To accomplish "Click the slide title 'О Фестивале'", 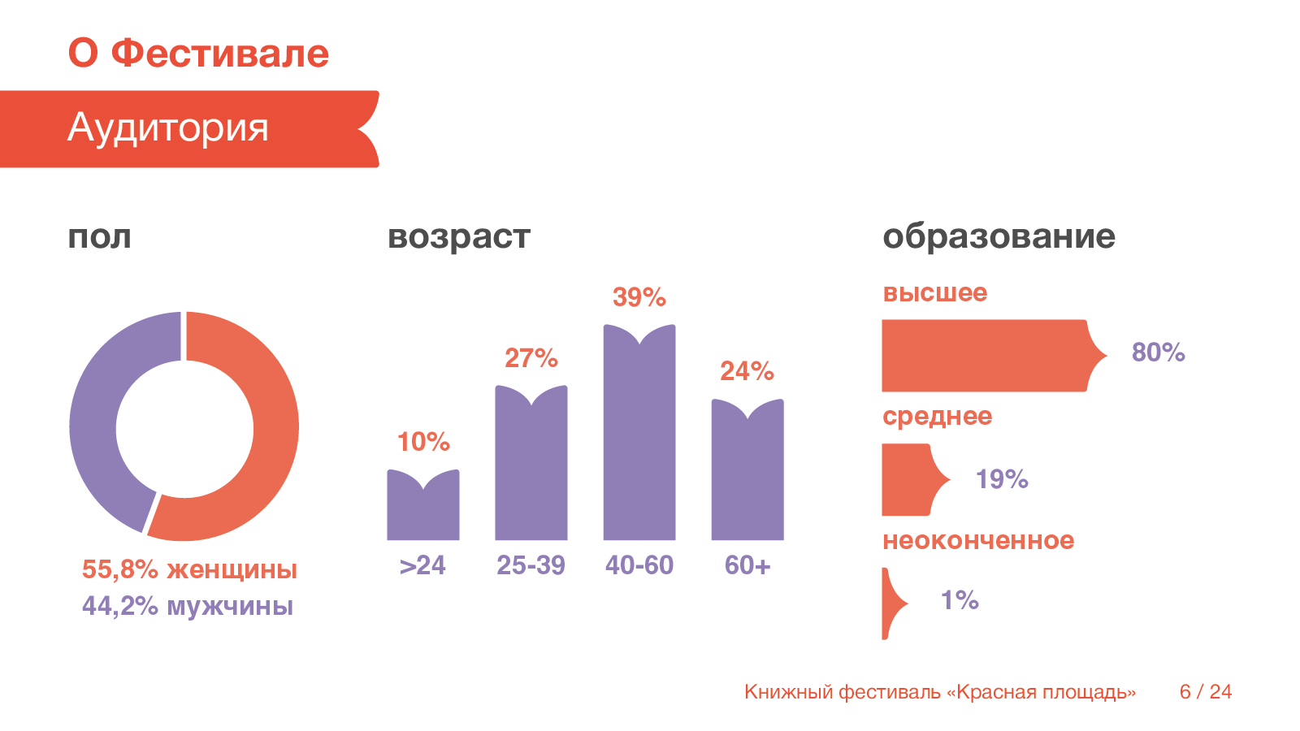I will [x=198, y=54].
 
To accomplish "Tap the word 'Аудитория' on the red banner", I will [x=168, y=128].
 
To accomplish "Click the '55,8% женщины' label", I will [x=189, y=569].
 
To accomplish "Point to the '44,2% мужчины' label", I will [x=188, y=606].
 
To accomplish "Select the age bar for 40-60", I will [x=639, y=439].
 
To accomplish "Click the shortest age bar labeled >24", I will [x=423, y=512].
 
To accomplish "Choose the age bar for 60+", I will [x=747, y=475].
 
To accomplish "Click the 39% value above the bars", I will [x=639, y=297].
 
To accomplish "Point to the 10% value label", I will [x=423, y=442].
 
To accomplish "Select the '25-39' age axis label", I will [x=531, y=565].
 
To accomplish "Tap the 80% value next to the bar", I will [x=1158, y=353].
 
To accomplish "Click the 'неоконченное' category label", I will [x=978, y=540].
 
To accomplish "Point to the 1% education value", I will [x=960, y=600].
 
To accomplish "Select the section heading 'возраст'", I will [x=459, y=237].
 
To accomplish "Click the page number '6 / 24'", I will [x=1206, y=692].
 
